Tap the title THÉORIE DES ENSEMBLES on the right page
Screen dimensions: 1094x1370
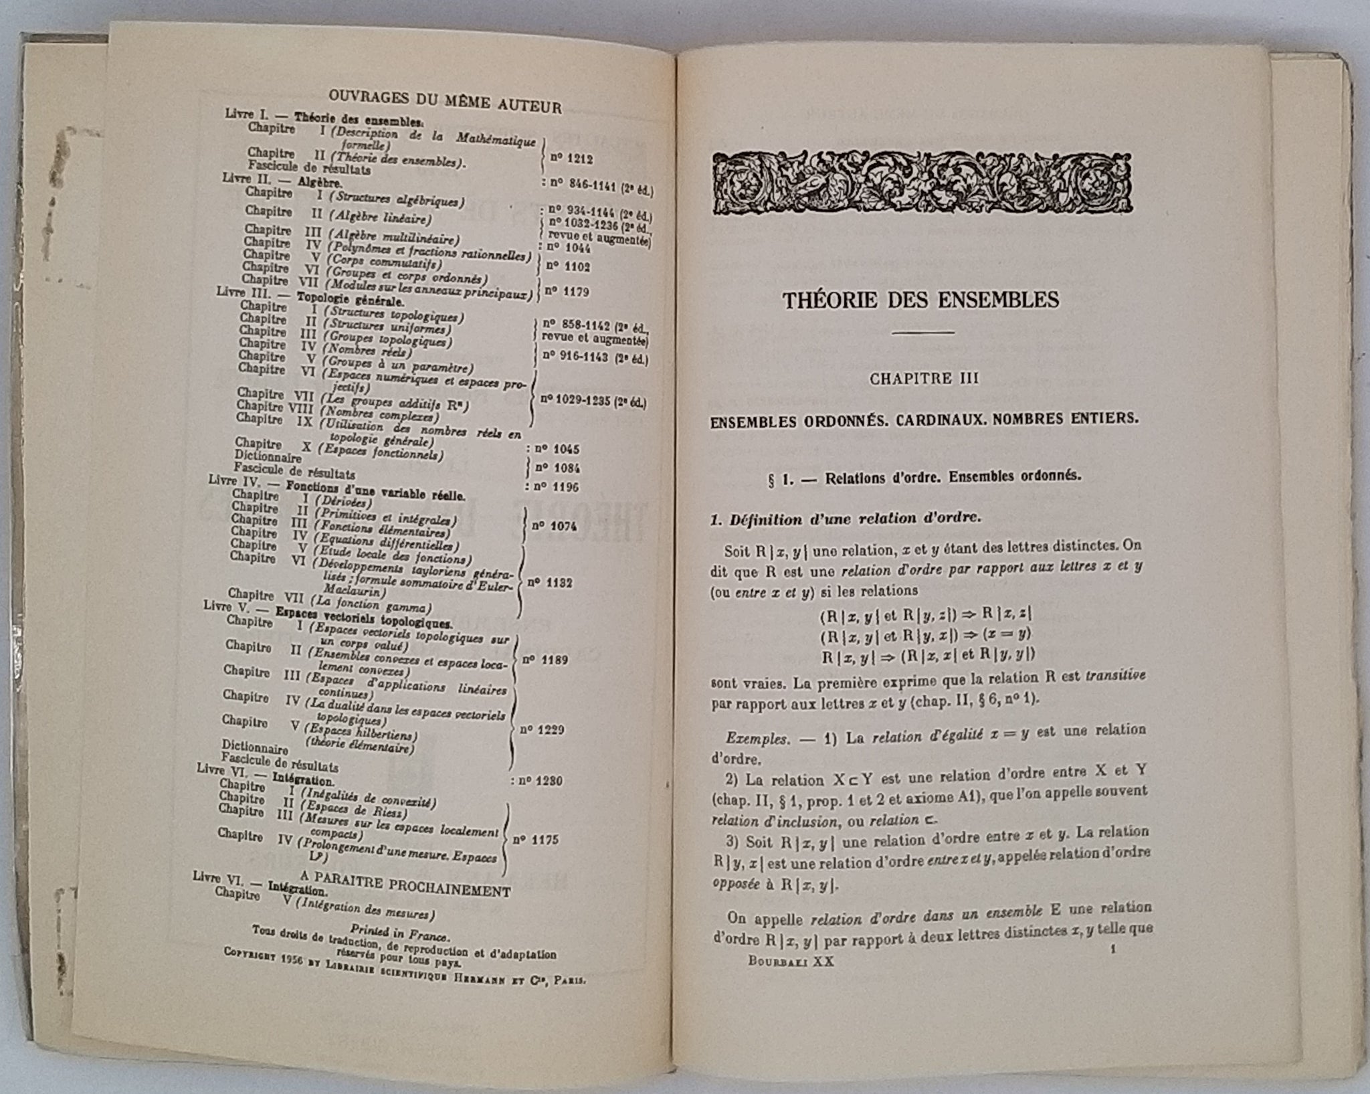tap(920, 299)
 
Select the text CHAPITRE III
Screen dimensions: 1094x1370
tap(924, 378)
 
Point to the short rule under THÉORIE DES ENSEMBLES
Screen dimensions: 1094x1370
tap(923, 333)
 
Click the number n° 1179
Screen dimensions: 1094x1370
tap(567, 291)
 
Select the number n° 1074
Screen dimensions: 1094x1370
tap(553, 526)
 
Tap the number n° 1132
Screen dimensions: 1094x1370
tap(549, 583)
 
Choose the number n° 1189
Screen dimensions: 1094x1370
tap(545, 660)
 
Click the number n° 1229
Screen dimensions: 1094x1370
tap(541, 729)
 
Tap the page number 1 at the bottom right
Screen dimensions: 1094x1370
tap(1112, 948)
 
